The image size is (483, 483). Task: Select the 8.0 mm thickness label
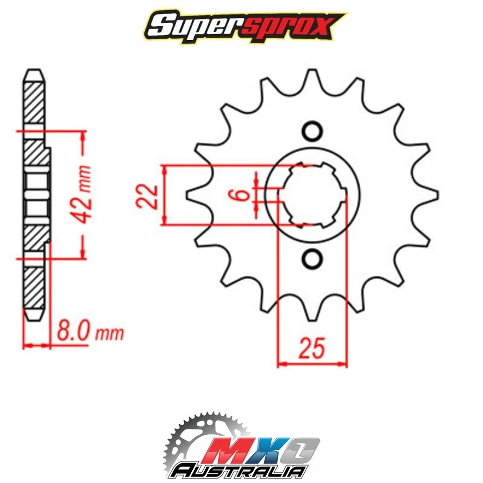[89, 333]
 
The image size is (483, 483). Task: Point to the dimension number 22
[147, 195]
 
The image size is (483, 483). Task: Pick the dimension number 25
[311, 348]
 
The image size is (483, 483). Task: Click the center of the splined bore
[312, 195]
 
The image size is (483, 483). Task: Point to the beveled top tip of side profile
[33, 73]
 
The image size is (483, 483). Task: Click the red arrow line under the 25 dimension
[312, 363]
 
